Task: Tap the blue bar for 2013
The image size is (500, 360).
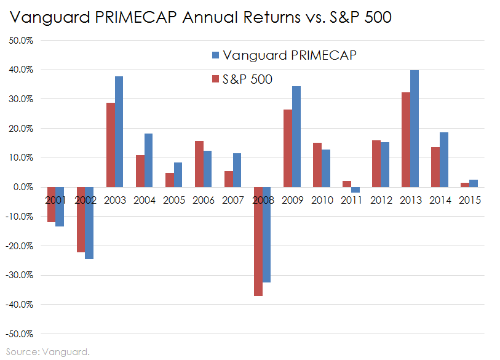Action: tap(415, 129)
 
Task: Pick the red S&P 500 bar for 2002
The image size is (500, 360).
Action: tap(81, 219)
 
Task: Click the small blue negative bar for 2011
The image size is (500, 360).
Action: tap(355, 190)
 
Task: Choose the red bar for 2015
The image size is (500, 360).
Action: tap(464, 185)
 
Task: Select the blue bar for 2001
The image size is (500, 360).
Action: tap(60, 206)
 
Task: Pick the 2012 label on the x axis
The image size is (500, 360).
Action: tap(381, 200)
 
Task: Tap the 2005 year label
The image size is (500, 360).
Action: tap(175, 200)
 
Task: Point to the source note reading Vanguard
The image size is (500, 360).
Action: tap(67, 352)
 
